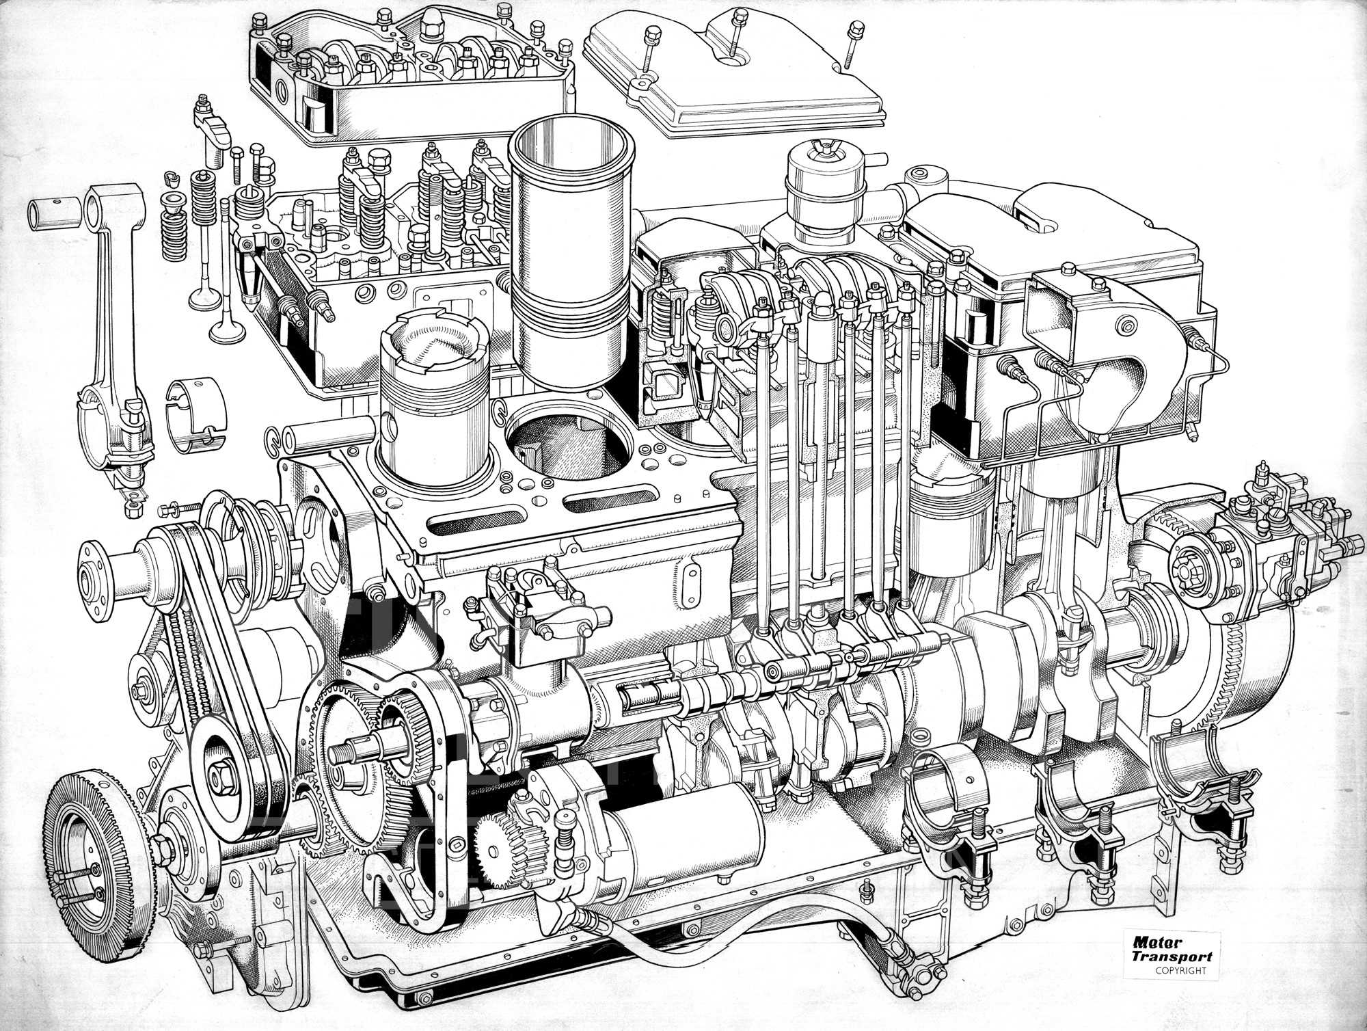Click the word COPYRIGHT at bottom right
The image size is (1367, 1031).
[x=1180, y=970]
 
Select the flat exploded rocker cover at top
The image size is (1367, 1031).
[x=735, y=75]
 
